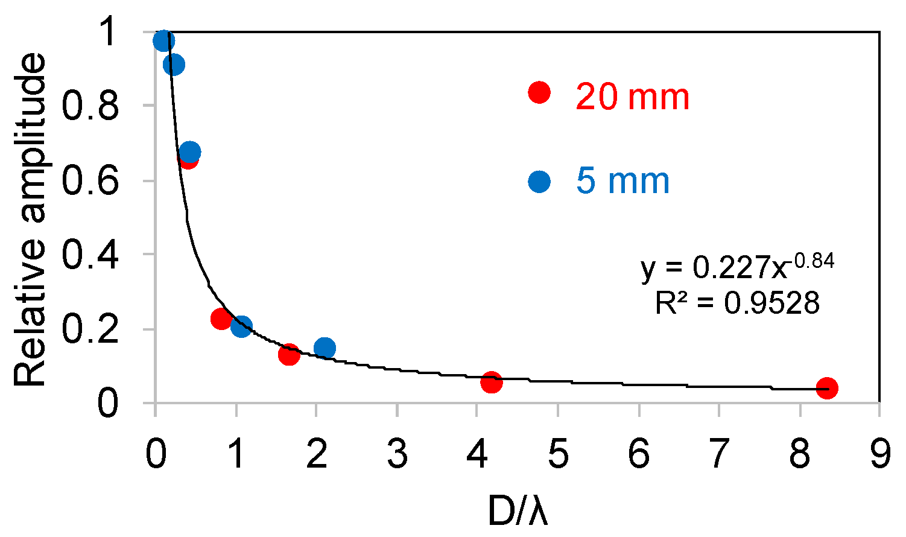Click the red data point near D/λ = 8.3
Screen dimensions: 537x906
(x=826, y=388)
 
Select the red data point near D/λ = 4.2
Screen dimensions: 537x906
(x=492, y=382)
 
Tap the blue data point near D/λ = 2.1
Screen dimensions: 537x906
(x=325, y=348)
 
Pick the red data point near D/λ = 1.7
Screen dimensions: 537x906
(x=289, y=355)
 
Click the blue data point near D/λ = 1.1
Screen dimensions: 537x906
(x=241, y=327)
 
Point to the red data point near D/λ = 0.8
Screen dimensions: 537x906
(x=221, y=319)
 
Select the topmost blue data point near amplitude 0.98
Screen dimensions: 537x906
(x=163, y=41)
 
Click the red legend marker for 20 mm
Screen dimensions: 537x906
(x=539, y=92)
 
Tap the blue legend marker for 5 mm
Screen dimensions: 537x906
(x=539, y=181)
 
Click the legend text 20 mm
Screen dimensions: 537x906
(x=632, y=97)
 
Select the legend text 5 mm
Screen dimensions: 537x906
(x=622, y=181)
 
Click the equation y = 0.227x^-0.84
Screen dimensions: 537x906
(x=737, y=267)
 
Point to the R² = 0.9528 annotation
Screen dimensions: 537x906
(x=737, y=303)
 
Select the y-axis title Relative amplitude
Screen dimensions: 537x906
(x=30, y=220)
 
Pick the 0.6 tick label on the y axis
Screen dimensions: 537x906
(x=90, y=180)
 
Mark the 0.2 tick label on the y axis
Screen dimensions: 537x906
(x=90, y=329)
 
